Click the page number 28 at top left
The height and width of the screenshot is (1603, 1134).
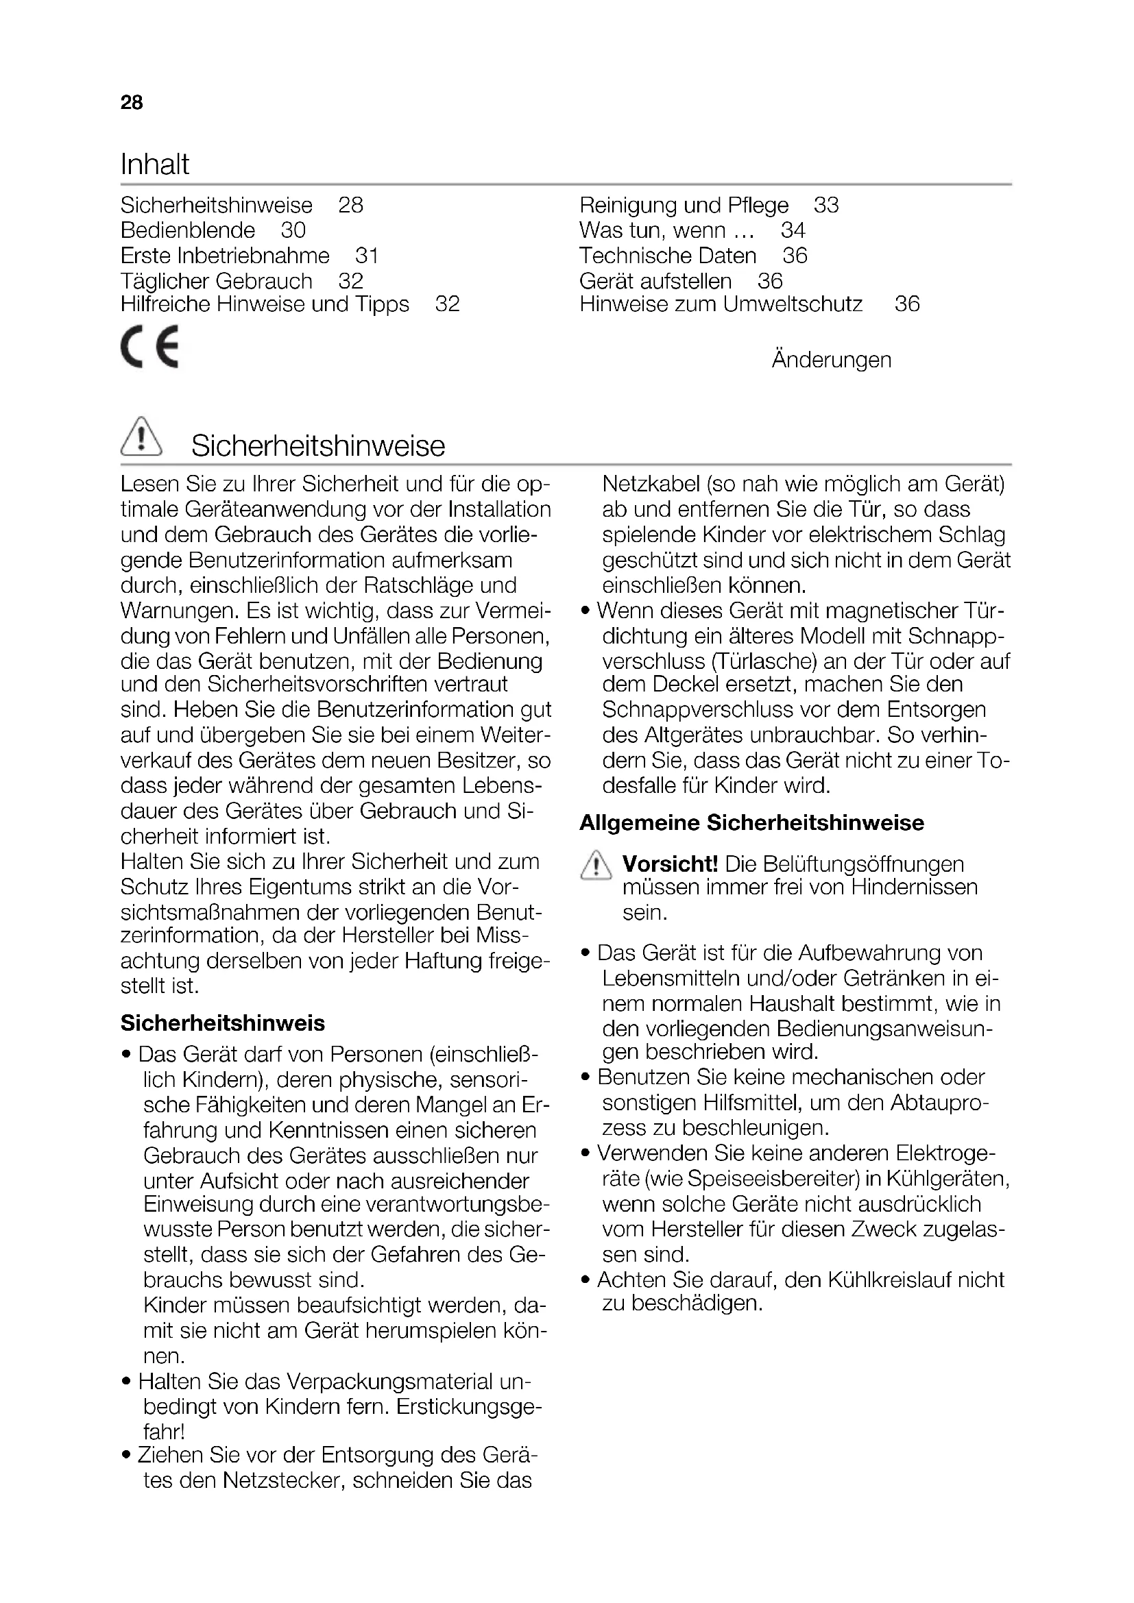131,103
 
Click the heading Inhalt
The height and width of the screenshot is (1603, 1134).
154,164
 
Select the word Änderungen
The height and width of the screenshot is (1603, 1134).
831,360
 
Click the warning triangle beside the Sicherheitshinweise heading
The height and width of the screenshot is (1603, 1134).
141,437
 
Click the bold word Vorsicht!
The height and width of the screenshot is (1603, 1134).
670,864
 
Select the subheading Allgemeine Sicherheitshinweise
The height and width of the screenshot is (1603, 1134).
751,822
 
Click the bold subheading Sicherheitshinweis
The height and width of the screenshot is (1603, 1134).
223,1023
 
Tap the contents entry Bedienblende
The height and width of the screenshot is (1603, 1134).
188,230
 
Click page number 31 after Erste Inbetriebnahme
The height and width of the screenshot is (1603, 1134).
367,256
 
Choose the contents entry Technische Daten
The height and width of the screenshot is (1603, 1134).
668,256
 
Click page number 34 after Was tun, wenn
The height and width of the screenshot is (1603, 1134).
793,230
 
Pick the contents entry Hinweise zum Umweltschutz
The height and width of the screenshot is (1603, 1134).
721,304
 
